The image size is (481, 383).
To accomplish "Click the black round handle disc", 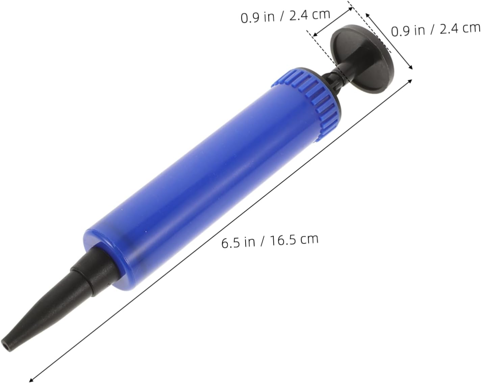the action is pyautogui.click(x=362, y=60).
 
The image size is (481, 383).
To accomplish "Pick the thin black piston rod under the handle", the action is pyautogui.click(x=333, y=80).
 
